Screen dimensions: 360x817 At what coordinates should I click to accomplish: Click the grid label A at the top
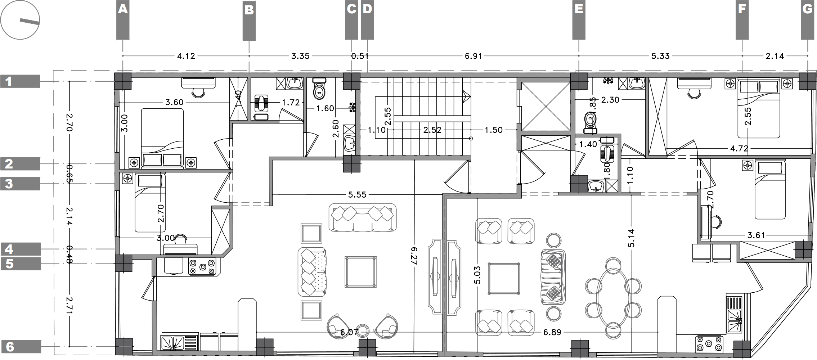click(x=123, y=9)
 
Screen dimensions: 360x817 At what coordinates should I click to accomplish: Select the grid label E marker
click(x=579, y=9)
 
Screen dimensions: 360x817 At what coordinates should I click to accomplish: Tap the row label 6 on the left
click(x=10, y=347)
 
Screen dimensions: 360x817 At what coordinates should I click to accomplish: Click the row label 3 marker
click(x=9, y=184)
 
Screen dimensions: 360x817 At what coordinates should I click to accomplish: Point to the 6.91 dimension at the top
click(x=473, y=56)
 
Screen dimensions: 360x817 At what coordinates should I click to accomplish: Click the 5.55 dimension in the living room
click(x=357, y=195)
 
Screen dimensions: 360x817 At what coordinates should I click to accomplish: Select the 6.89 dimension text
click(x=552, y=332)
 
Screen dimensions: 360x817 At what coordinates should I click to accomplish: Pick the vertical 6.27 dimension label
click(x=414, y=256)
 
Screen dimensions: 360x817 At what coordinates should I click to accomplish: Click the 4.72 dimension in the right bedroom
click(x=739, y=148)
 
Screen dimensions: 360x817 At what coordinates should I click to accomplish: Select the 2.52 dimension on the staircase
click(x=432, y=130)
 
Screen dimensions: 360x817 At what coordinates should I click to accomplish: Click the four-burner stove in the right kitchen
click(x=709, y=344)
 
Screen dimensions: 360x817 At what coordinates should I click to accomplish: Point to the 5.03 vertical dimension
click(x=477, y=275)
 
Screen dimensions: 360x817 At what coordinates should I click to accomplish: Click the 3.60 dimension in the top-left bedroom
click(x=174, y=103)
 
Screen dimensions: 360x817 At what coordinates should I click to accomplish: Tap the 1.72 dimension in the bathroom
click(x=291, y=103)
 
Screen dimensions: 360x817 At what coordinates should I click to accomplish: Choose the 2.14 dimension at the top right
click(x=775, y=56)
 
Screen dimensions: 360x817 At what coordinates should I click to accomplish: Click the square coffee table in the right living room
click(x=503, y=279)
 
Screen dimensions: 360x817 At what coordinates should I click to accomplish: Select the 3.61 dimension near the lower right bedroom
click(x=756, y=235)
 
